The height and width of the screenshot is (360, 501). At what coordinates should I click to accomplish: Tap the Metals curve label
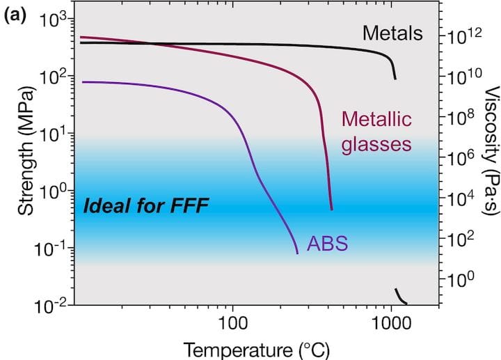coord(392,32)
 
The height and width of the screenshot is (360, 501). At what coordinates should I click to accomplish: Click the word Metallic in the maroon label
coord(371,120)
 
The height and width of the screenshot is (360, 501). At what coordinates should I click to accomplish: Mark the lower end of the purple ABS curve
coord(298,253)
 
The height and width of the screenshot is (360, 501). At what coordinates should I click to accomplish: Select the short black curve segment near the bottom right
coord(400,296)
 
